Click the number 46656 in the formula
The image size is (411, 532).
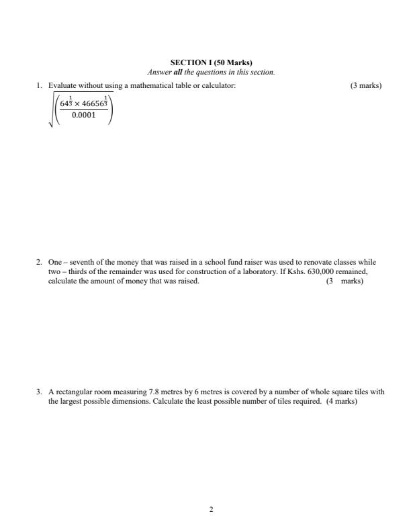pyautogui.click(x=93, y=104)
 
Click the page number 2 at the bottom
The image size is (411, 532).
pyautogui.click(x=212, y=510)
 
